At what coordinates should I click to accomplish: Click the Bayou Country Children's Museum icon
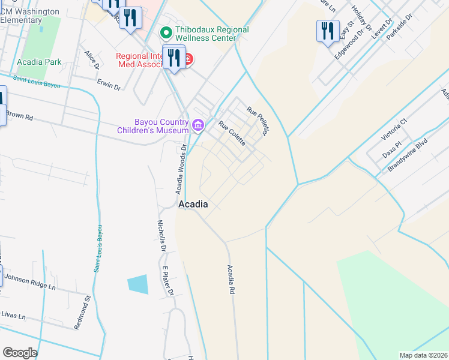coord(199,125)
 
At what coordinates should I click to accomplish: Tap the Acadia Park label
coord(40,62)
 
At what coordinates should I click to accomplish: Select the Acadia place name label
coord(193,204)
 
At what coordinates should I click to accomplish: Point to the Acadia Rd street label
coord(229,280)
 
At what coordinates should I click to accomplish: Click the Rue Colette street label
coord(232,133)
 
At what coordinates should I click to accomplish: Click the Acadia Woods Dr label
coord(181,169)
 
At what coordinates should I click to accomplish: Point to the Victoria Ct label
coord(395,129)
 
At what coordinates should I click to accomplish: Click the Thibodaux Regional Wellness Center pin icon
coord(166,30)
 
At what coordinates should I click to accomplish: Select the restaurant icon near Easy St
coord(327,31)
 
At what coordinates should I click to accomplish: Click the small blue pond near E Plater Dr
coord(137,284)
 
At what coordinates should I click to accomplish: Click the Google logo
coord(20,353)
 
